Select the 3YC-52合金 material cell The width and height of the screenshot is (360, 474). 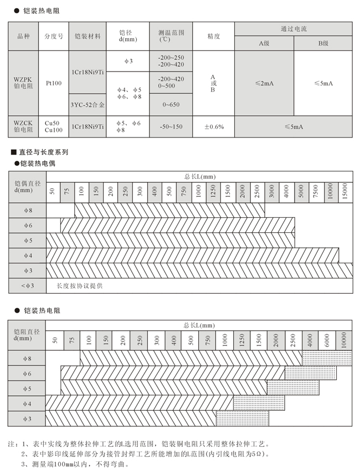[88, 104]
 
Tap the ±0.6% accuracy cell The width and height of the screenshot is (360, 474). [214, 127]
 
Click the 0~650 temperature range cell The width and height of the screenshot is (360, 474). [171, 104]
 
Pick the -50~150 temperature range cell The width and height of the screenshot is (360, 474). [171, 127]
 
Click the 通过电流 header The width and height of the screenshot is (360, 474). [294, 29]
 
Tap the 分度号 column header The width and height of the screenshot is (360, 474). [54, 37]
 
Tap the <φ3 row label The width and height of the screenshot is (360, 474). [27, 286]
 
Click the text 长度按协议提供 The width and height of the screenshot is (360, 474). [80, 286]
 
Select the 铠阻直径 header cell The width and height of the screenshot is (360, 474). [27, 334]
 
